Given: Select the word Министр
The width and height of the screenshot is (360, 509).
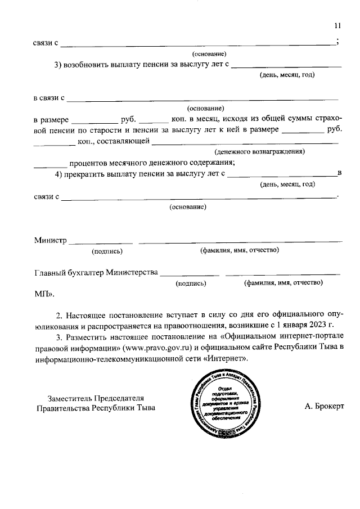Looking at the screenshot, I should click(50, 240).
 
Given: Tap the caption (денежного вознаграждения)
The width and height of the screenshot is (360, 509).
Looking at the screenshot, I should click(259, 152).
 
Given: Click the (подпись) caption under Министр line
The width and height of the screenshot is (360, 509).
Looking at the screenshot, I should click(107, 251).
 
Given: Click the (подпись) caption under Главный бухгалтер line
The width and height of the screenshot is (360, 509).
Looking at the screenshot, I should click(191, 283).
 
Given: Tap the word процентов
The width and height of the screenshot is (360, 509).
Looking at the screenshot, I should click(93, 163).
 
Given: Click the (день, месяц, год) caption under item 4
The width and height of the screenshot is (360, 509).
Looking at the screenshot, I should click(286, 184).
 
